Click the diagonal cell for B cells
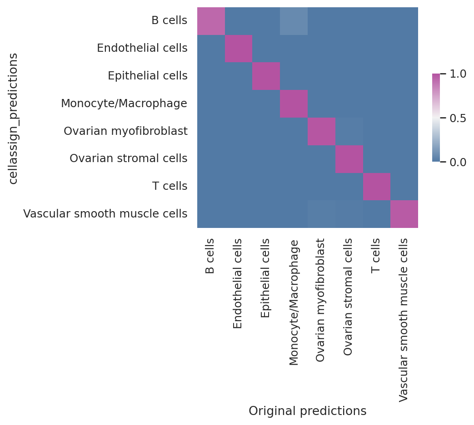click(x=211, y=21)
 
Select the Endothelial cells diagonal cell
click(x=239, y=49)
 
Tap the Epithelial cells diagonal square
click(x=266, y=76)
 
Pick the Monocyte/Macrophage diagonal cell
click(x=294, y=104)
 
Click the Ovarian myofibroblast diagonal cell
click(x=321, y=131)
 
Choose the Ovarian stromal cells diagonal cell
click(x=349, y=159)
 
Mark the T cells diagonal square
click(x=377, y=187)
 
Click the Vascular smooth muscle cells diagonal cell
click(x=404, y=214)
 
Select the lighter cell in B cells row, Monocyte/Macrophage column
click(x=294, y=21)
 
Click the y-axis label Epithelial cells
click(x=148, y=75)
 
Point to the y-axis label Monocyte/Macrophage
click(x=124, y=104)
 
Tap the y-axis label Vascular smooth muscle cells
click(x=105, y=213)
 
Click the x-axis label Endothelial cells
click(x=238, y=283)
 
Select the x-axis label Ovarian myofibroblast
click(x=320, y=300)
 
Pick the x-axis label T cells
click(x=375, y=256)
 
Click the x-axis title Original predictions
click(x=307, y=411)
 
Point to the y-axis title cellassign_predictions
click(x=13, y=119)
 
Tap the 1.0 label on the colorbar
click(x=458, y=74)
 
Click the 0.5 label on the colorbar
click(x=458, y=118)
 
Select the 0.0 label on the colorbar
click(x=458, y=162)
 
